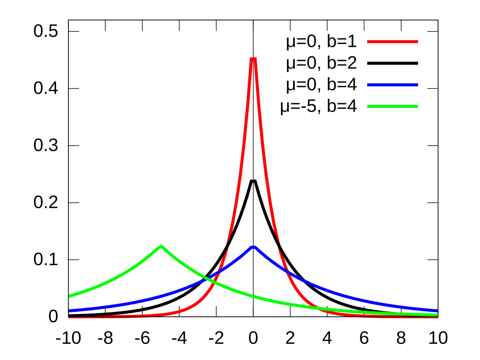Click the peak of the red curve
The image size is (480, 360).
pyautogui.click(x=253, y=58)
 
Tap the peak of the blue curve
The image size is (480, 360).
pyautogui.click(x=253, y=247)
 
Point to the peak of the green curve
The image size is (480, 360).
pyautogui.click(x=161, y=246)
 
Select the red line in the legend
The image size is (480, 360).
pyautogui.click(x=392, y=42)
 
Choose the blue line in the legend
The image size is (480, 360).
pyautogui.click(x=392, y=85)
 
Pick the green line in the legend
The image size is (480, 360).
pyautogui.click(x=392, y=106)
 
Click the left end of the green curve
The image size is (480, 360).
pyautogui.click(x=69, y=296)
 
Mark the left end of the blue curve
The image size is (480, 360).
pyautogui.click(x=69, y=311)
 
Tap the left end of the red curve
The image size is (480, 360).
pyautogui.click(x=69, y=318)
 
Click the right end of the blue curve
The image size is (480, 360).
pyautogui.click(x=437, y=311)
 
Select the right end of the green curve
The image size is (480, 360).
pyautogui.click(x=437, y=315)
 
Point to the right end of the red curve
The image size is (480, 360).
pyautogui.click(x=437, y=317)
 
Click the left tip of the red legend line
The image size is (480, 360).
pyautogui.click(x=368, y=42)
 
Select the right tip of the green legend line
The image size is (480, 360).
pyautogui.click(x=418, y=106)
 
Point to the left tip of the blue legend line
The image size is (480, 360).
pyautogui.click(x=368, y=85)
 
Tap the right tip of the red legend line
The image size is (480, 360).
pyautogui.click(x=418, y=42)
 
